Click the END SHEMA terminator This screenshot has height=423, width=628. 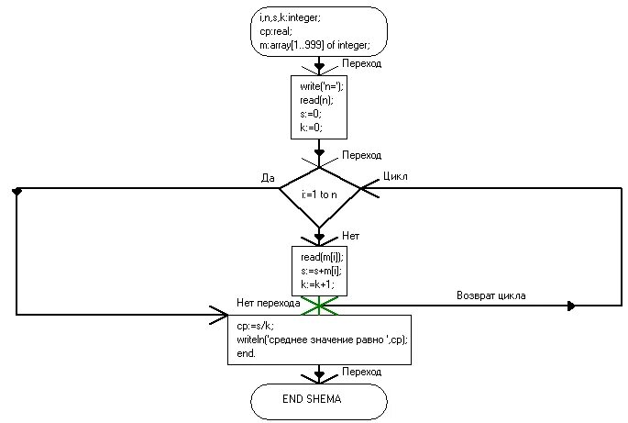[319, 401]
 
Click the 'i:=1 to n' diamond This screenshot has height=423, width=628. [319, 195]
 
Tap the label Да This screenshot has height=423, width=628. [269, 178]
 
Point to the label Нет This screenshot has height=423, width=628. [350, 235]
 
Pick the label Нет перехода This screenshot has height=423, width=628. [268, 303]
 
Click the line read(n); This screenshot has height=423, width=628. [312, 100]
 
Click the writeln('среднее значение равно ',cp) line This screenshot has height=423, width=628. [321, 340]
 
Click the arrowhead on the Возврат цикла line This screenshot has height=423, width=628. [572, 306]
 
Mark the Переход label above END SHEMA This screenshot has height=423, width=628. [361, 372]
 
